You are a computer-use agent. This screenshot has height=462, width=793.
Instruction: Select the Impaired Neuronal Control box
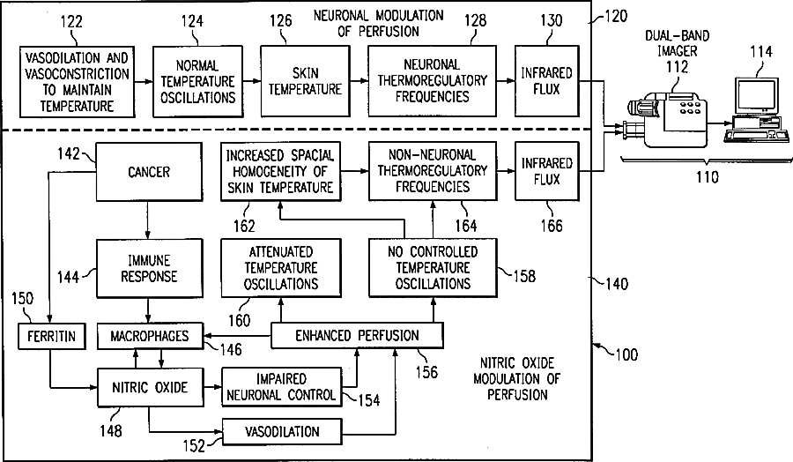(282, 386)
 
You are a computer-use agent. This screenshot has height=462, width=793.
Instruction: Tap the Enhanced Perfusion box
(357, 335)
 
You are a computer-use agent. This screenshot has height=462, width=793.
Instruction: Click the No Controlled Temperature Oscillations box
(432, 268)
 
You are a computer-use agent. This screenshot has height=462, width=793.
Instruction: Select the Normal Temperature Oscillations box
(196, 81)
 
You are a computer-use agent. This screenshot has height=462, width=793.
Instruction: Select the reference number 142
(70, 153)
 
